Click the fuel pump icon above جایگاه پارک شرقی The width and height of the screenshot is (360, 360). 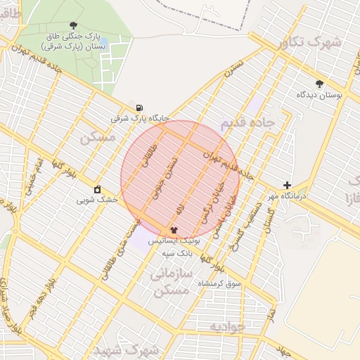click(139, 108)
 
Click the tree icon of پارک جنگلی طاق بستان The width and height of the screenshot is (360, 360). click(74, 25)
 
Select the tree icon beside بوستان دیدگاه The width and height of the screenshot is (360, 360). click(320, 83)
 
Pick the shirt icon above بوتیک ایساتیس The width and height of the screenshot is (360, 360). click(174, 229)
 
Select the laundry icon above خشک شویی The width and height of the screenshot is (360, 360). click(97, 189)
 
